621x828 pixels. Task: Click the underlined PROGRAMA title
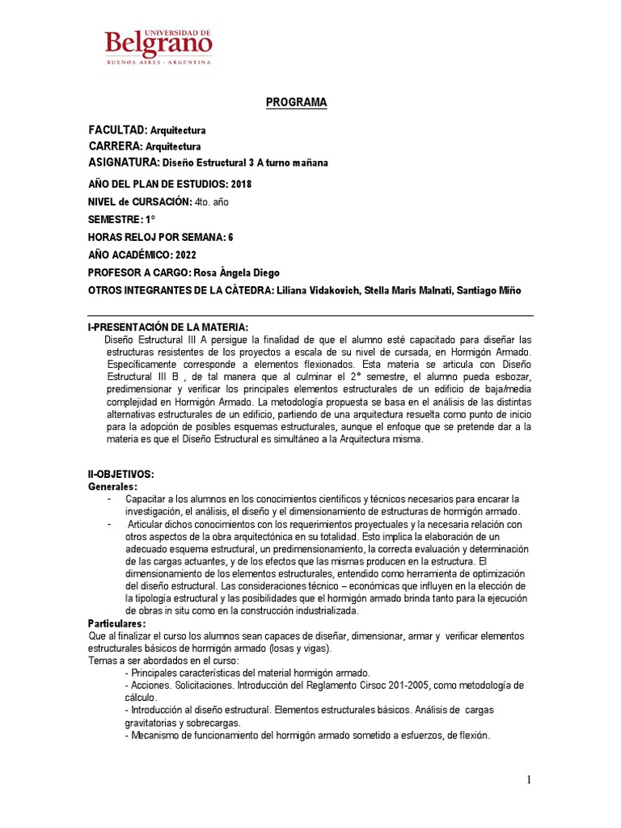tap(297, 103)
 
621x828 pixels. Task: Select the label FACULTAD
tap(117, 130)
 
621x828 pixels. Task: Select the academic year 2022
tap(185, 255)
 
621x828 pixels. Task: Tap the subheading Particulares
tap(116, 624)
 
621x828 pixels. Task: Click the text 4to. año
tap(213, 201)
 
